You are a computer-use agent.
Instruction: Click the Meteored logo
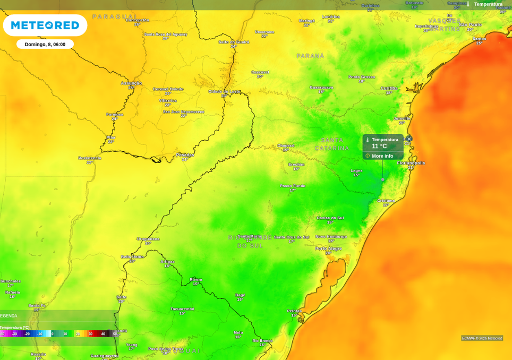[45, 25]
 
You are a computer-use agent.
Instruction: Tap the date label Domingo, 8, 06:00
[45, 44]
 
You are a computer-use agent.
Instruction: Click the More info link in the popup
[382, 156]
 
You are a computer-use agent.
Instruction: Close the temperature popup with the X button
[409, 139]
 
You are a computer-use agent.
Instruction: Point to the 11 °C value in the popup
[379, 147]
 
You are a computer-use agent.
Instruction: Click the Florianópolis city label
[411, 163]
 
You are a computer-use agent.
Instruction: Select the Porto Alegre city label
[328, 248]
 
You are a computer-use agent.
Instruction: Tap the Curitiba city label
[389, 88]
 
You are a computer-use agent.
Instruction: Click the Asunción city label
[131, 83]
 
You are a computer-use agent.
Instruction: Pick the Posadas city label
[185, 155]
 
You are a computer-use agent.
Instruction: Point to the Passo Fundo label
[293, 186]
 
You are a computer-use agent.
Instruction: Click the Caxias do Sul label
[330, 218]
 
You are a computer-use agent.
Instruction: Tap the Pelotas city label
[294, 311]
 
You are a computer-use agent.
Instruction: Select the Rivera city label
[196, 279]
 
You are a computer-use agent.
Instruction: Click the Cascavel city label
[260, 72]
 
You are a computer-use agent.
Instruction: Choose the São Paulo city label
[470, 24]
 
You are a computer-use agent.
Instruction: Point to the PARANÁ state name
[310, 56]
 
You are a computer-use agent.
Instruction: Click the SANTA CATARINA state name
[332, 144]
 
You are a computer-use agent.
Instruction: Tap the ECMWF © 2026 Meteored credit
[482, 338]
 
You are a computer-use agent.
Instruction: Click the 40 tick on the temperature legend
[103, 334]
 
